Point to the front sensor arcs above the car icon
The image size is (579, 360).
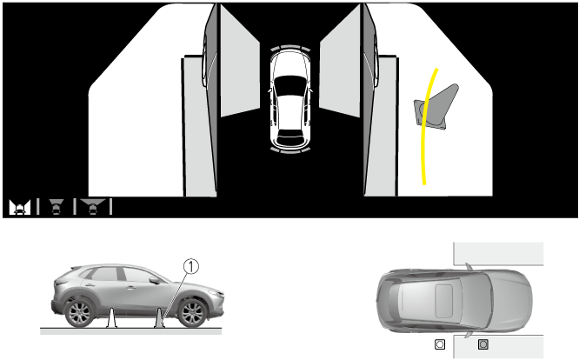click(x=290, y=48)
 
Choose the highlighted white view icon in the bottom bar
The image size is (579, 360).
click(x=20, y=207)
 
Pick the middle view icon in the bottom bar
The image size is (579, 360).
click(x=57, y=207)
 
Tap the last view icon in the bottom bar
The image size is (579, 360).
click(x=93, y=207)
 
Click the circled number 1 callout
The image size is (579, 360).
click(x=191, y=266)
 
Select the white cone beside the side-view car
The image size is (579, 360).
click(x=111, y=318)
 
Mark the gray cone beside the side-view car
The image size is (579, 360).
click(x=159, y=318)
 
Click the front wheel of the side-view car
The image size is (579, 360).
click(x=192, y=313)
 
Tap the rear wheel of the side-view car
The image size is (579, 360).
click(x=79, y=313)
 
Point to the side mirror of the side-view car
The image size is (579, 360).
click(x=154, y=280)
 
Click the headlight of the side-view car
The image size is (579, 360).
click(x=217, y=294)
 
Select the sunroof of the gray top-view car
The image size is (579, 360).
click(x=444, y=301)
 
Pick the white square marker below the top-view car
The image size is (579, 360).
click(x=440, y=344)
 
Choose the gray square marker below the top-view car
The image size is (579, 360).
click(x=483, y=344)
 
